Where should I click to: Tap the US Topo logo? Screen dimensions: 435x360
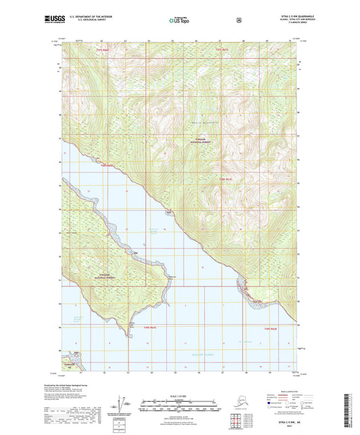180,20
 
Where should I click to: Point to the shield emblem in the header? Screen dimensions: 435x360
238,20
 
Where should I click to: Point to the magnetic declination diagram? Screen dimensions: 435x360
121,405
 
